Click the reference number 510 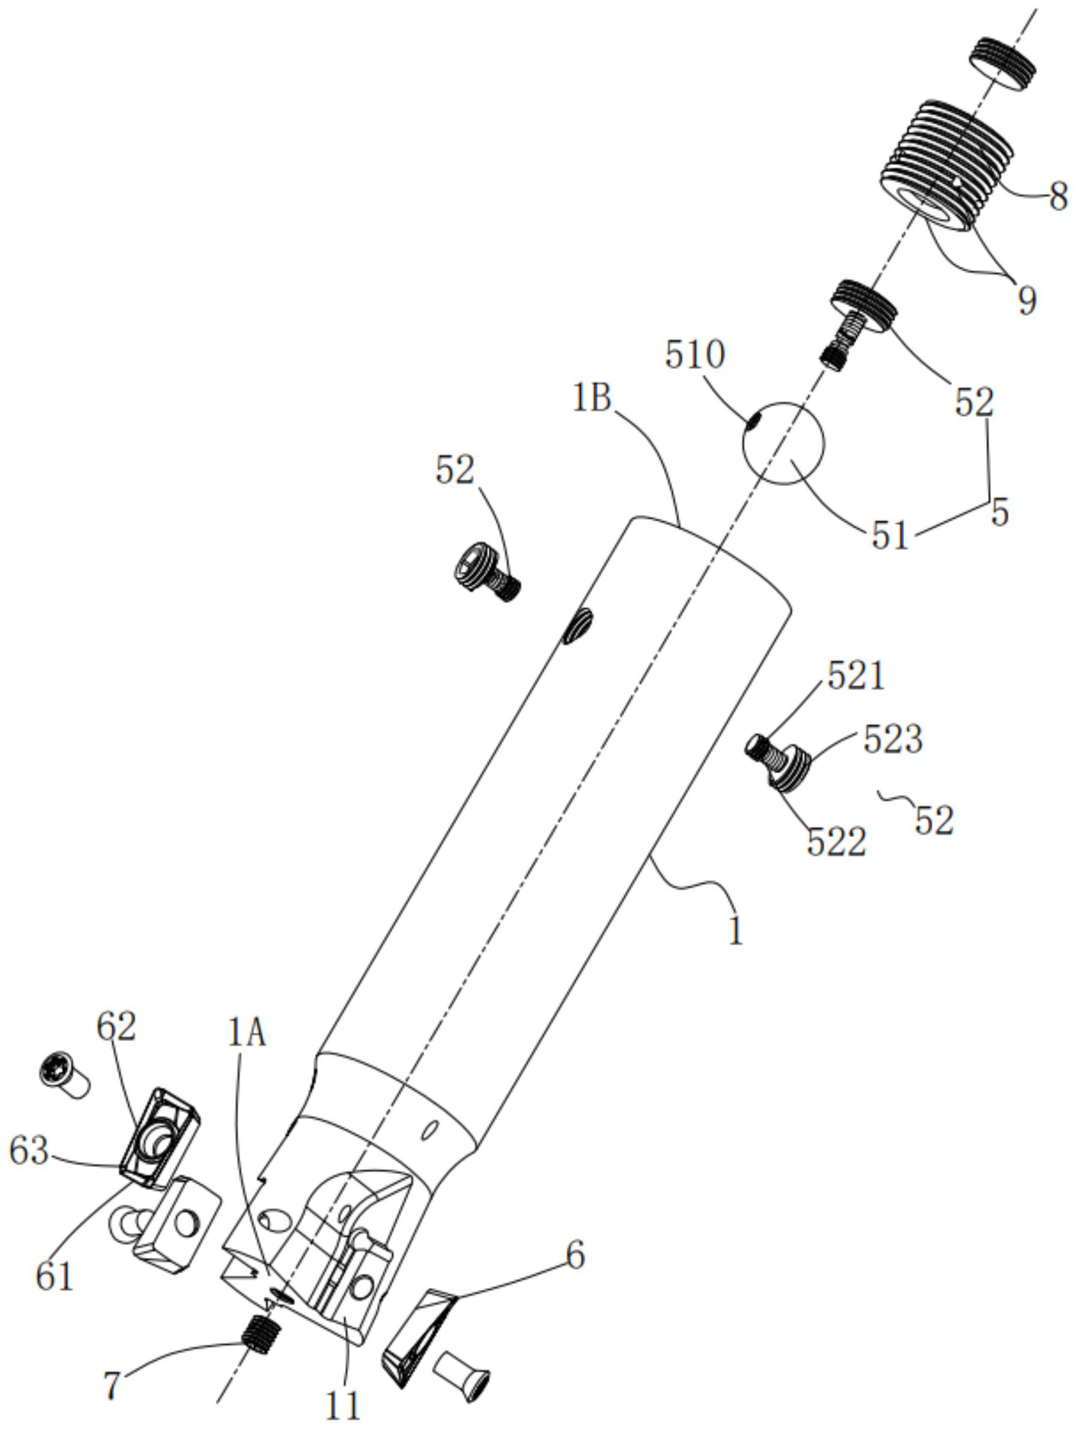tap(695, 355)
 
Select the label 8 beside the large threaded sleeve tap(1058, 196)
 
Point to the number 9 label tap(1026, 300)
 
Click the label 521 tap(856, 677)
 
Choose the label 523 tap(893, 739)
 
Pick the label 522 tap(836, 842)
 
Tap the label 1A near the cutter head tap(247, 1033)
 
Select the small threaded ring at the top tap(1002, 63)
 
